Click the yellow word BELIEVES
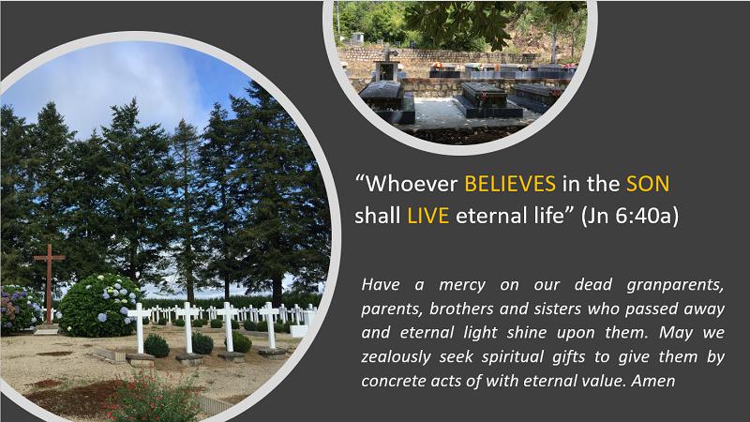coord(510,184)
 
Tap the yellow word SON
coord(648,184)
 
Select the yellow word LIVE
coord(428,216)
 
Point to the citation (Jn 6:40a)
coord(629,217)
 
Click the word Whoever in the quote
coord(412,184)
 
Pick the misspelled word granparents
coord(675,285)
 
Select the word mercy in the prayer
coord(462,286)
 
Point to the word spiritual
coord(513,357)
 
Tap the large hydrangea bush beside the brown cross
coord(99,306)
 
